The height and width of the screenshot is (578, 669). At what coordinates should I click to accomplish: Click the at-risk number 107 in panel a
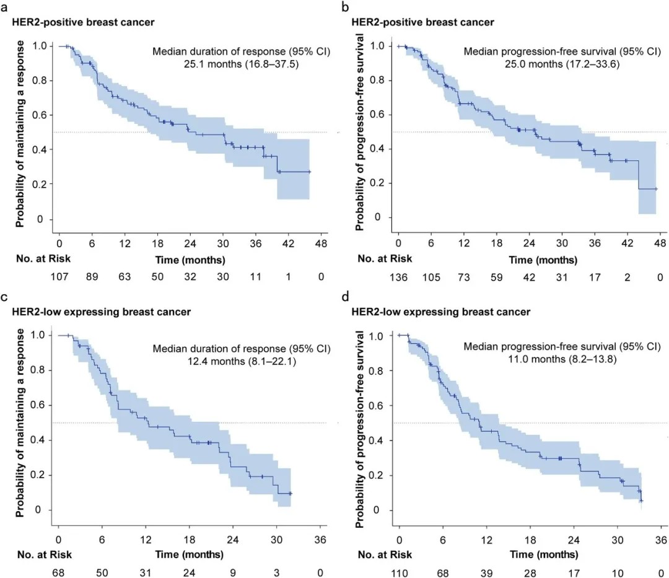click(x=59, y=277)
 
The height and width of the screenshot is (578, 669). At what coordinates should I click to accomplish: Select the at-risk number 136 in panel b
click(x=399, y=277)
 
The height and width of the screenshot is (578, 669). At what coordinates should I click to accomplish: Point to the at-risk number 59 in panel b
click(x=497, y=277)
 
